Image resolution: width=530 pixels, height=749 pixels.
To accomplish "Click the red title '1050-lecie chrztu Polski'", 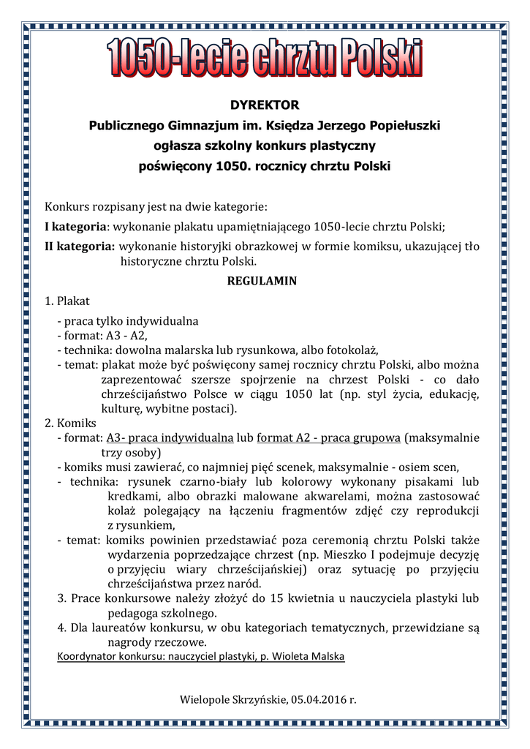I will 265,59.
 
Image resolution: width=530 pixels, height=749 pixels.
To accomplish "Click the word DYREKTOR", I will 265,105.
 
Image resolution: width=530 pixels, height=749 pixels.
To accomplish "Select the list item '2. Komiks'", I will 70,423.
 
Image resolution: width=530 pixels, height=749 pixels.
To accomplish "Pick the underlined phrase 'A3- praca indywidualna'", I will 170,438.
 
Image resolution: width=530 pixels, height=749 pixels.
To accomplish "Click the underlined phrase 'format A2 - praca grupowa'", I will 329,438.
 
